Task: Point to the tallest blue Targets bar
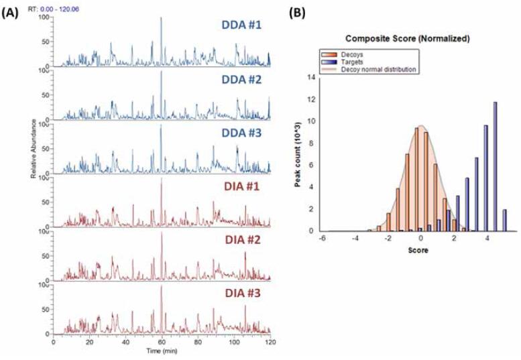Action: [495, 166]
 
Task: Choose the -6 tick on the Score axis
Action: [323, 238]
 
